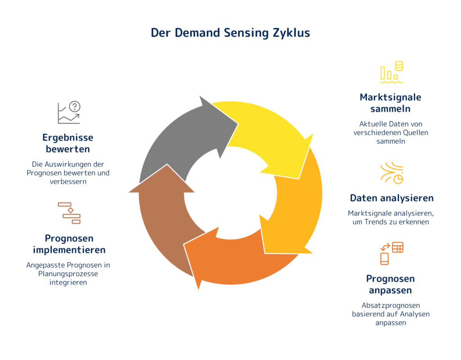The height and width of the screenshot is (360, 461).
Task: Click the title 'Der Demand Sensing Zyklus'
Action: (230, 33)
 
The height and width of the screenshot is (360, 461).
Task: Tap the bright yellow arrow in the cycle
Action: (265, 135)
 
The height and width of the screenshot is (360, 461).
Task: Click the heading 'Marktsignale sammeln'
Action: (390, 103)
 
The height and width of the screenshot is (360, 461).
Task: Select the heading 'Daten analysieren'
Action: (392, 198)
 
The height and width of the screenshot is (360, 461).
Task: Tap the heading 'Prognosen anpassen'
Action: (390, 284)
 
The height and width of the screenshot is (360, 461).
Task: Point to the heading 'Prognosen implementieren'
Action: (69, 244)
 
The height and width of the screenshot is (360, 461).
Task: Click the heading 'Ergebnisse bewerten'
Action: (68, 143)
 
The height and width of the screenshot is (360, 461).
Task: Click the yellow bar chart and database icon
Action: (392, 72)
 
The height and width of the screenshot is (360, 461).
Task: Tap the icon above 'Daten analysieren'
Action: (392, 173)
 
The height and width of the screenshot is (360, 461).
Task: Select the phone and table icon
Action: (392, 253)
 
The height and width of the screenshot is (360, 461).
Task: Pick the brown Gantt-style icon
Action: (69, 213)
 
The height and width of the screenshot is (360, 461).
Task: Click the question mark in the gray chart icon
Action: (75, 106)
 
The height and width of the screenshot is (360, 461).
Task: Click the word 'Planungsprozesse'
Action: (68, 274)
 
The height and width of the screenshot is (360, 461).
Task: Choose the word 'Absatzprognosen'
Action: (391, 306)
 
